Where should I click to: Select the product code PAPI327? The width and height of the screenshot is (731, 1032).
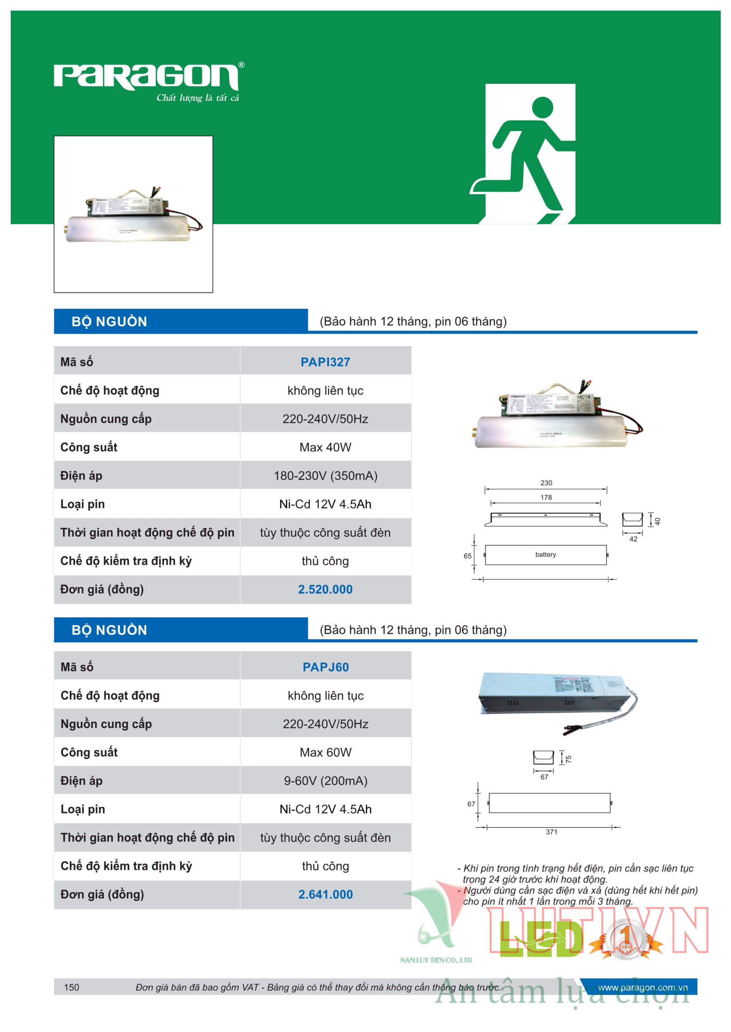click(x=325, y=362)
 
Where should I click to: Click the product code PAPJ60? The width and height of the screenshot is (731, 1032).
click(x=325, y=667)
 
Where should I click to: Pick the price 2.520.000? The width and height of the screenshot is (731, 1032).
click(x=325, y=589)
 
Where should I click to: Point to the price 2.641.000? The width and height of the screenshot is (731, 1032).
click(x=325, y=894)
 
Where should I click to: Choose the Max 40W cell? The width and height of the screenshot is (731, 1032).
click(x=325, y=447)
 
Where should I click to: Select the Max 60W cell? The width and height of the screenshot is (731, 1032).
click(x=325, y=752)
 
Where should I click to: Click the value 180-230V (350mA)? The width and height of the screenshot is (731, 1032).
click(x=325, y=476)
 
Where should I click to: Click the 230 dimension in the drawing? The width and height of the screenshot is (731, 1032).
click(x=546, y=483)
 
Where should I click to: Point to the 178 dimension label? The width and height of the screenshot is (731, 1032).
click(x=546, y=497)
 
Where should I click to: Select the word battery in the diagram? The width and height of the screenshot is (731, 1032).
click(x=546, y=555)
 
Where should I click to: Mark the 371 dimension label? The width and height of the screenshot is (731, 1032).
click(x=551, y=832)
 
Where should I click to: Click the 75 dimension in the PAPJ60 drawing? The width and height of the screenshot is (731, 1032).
click(x=569, y=759)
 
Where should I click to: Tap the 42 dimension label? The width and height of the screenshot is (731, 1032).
click(x=633, y=539)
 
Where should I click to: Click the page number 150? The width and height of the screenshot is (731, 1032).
click(x=72, y=987)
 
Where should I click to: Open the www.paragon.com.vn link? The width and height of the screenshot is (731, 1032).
click(x=642, y=987)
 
